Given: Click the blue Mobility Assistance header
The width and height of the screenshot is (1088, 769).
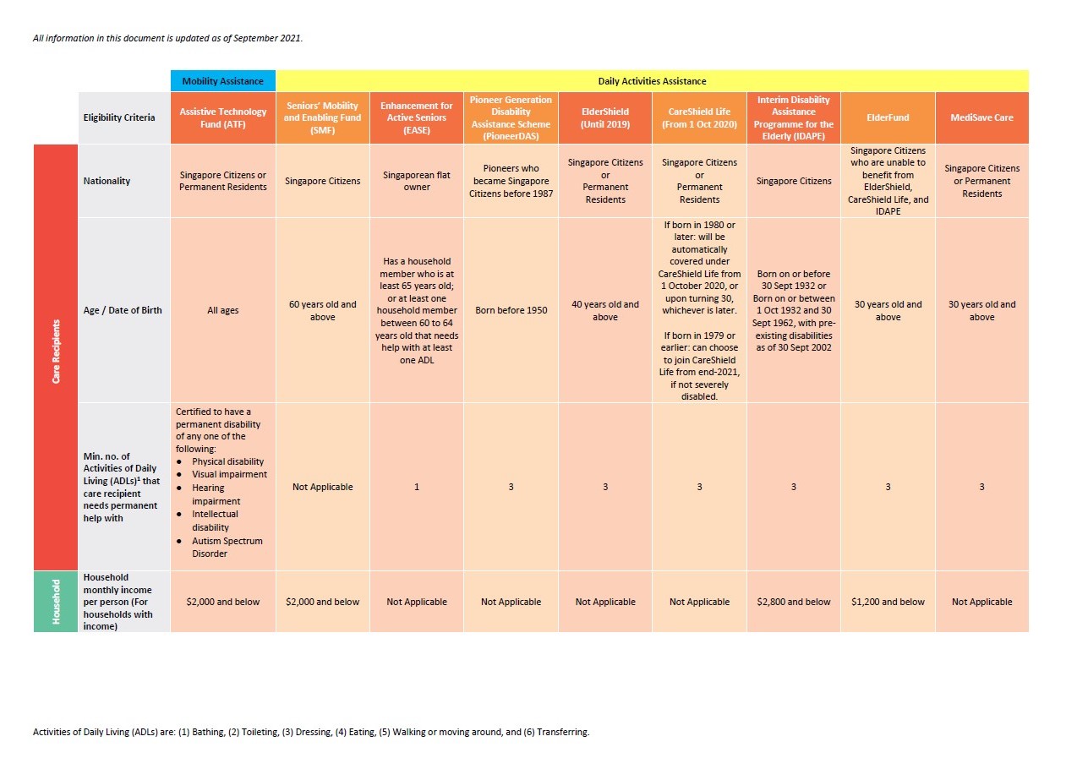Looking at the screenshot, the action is [x=223, y=81].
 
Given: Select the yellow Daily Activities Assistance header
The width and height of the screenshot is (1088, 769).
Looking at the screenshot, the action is [x=652, y=81].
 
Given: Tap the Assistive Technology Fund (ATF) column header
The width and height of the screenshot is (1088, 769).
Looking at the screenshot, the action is [x=223, y=118].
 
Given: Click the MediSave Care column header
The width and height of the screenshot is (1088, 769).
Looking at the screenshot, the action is [x=981, y=118].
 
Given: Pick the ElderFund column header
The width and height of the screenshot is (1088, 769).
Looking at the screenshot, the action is [x=888, y=118].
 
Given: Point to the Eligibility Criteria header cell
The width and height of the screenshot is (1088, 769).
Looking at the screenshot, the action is [x=119, y=117].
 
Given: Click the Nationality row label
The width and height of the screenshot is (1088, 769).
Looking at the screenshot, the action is [x=107, y=181].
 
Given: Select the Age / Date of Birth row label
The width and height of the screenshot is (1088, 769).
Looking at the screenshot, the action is [x=123, y=310].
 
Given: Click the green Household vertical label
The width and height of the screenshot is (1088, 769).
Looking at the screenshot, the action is [x=56, y=602].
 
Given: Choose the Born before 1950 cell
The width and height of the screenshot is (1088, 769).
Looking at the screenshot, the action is [x=511, y=310].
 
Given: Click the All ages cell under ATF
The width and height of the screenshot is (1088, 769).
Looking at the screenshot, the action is [x=223, y=310].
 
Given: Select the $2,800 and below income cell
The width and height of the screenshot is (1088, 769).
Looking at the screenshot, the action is [x=794, y=602].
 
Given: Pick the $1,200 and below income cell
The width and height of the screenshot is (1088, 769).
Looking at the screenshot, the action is [x=888, y=602].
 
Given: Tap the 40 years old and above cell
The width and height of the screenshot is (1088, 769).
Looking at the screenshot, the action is [x=605, y=311].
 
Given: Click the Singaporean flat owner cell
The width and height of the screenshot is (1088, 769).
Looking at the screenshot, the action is [x=417, y=181].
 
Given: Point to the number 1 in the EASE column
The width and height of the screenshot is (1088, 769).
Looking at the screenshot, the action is [x=417, y=487].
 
